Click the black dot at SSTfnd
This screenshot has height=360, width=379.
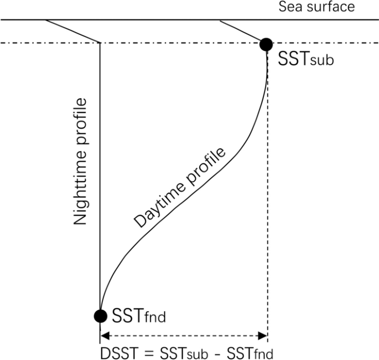tap(100, 316)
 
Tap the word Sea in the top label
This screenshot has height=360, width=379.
tap(290, 8)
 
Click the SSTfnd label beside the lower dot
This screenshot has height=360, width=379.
tap(139, 317)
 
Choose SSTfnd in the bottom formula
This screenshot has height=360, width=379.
tap(248, 353)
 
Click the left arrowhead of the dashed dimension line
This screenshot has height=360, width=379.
tap(103, 335)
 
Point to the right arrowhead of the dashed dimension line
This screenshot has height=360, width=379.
tap(264, 335)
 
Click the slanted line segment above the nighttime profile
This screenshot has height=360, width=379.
tap(72, 31)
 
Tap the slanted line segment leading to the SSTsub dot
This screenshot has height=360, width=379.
tap(241, 30)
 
